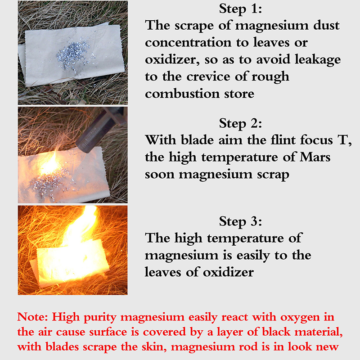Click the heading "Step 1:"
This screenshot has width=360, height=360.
click(x=240, y=9)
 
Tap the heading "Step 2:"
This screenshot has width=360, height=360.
click(x=240, y=123)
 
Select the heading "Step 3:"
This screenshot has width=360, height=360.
click(x=240, y=221)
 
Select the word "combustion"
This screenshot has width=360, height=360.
click(x=182, y=94)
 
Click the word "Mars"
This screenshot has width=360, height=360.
click(x=315, y=157)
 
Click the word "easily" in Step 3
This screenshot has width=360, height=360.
click(x=253, y=256)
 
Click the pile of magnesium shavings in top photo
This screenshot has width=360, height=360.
click(x=73, y=54)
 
